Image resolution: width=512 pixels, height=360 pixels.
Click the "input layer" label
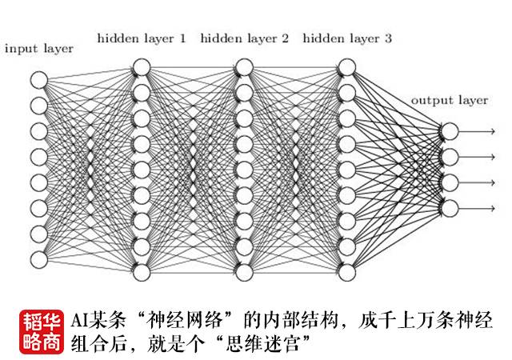click(38, 49)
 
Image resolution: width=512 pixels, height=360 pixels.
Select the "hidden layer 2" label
click(244, 38)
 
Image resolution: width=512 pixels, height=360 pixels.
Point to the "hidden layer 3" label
click(348, 38)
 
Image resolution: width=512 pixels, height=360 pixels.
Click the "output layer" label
click(449, 100)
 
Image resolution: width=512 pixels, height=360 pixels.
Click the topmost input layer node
click(39, 78)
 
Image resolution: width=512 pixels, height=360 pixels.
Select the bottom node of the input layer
click(39, 259)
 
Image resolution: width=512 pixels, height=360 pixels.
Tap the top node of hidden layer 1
click(142, 66)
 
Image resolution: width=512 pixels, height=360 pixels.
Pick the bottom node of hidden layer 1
click(142, 272)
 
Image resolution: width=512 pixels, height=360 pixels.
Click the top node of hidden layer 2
click(244, 66)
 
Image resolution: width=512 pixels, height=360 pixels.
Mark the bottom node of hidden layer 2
click(244, 272)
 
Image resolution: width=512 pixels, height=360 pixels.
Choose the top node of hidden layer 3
click(346, 66)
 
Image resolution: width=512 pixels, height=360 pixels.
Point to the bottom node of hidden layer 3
click(346, 272)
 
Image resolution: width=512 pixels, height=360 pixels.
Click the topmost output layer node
click(450, 130)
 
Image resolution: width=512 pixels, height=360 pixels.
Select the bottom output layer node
click(450, 208)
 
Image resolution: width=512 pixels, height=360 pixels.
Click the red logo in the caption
click(42, 331)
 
